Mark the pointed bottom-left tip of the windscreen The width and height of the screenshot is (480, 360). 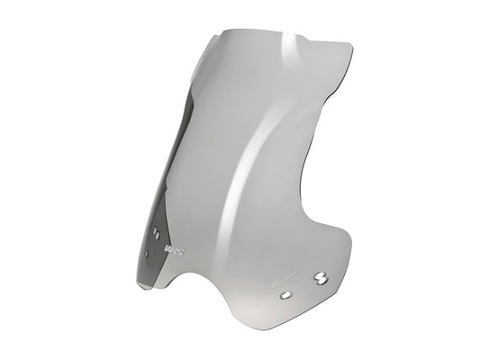tap(140, 285)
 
